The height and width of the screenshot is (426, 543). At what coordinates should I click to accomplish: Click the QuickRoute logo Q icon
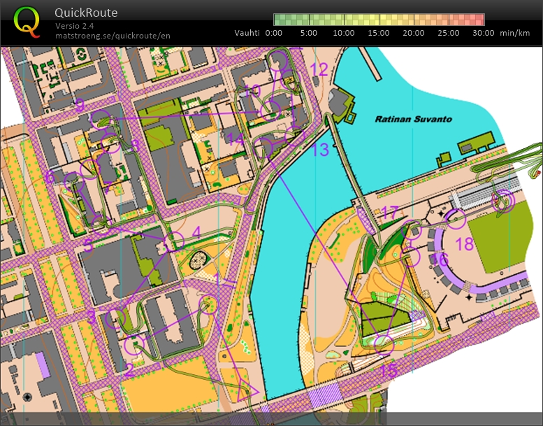[x=27, y=22]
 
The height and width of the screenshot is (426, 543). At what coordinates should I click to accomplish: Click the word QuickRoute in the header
[x=86, y=13]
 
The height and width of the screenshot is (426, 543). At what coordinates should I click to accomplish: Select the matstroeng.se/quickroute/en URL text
[x=112, y=35]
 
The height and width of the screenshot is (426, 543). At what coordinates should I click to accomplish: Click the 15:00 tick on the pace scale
[x=378, y=32]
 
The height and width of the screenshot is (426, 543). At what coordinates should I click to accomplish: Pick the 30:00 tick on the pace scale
[x=483, y=32]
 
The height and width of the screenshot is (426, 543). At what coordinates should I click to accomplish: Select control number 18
[x=465, y=244]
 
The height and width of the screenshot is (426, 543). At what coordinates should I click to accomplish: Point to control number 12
[x=319, y=69]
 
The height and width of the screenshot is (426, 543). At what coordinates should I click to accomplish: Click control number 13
[x=319, y=149]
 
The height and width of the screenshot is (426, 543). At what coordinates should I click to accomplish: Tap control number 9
[x=80, y=106]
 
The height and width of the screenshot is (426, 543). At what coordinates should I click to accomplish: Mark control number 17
[x=389, y=212]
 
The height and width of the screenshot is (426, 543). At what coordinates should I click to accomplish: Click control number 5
[x=88, y=246]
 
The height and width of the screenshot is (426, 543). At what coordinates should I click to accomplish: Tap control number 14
[x=236, y=140]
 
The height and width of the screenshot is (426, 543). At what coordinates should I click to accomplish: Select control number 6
[x=49, y=177]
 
